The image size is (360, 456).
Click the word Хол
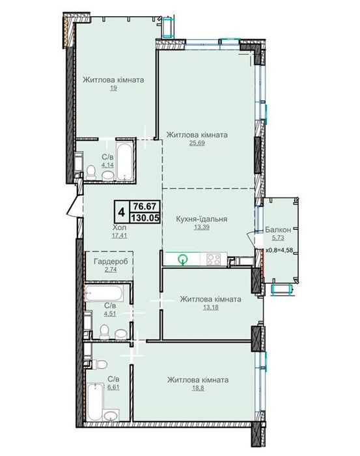(119, 228)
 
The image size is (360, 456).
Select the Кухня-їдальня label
(200, 219)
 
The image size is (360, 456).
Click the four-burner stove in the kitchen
(214, 259)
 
